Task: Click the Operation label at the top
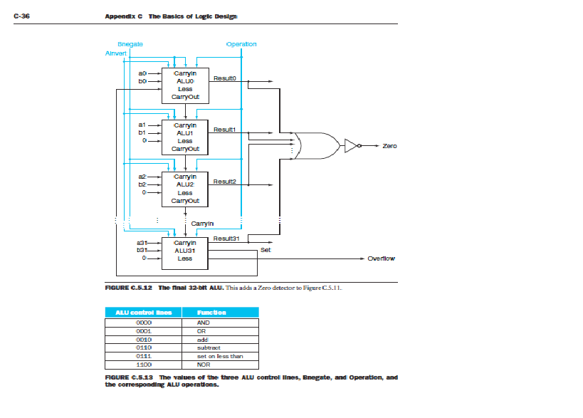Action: (241, 44)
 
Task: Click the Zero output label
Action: (389, 146)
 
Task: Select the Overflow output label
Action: (381, 258)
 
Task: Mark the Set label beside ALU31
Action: (266, 250)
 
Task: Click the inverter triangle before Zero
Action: (350, 146)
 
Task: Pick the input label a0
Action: (142, 73)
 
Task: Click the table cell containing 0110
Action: (143, 348)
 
